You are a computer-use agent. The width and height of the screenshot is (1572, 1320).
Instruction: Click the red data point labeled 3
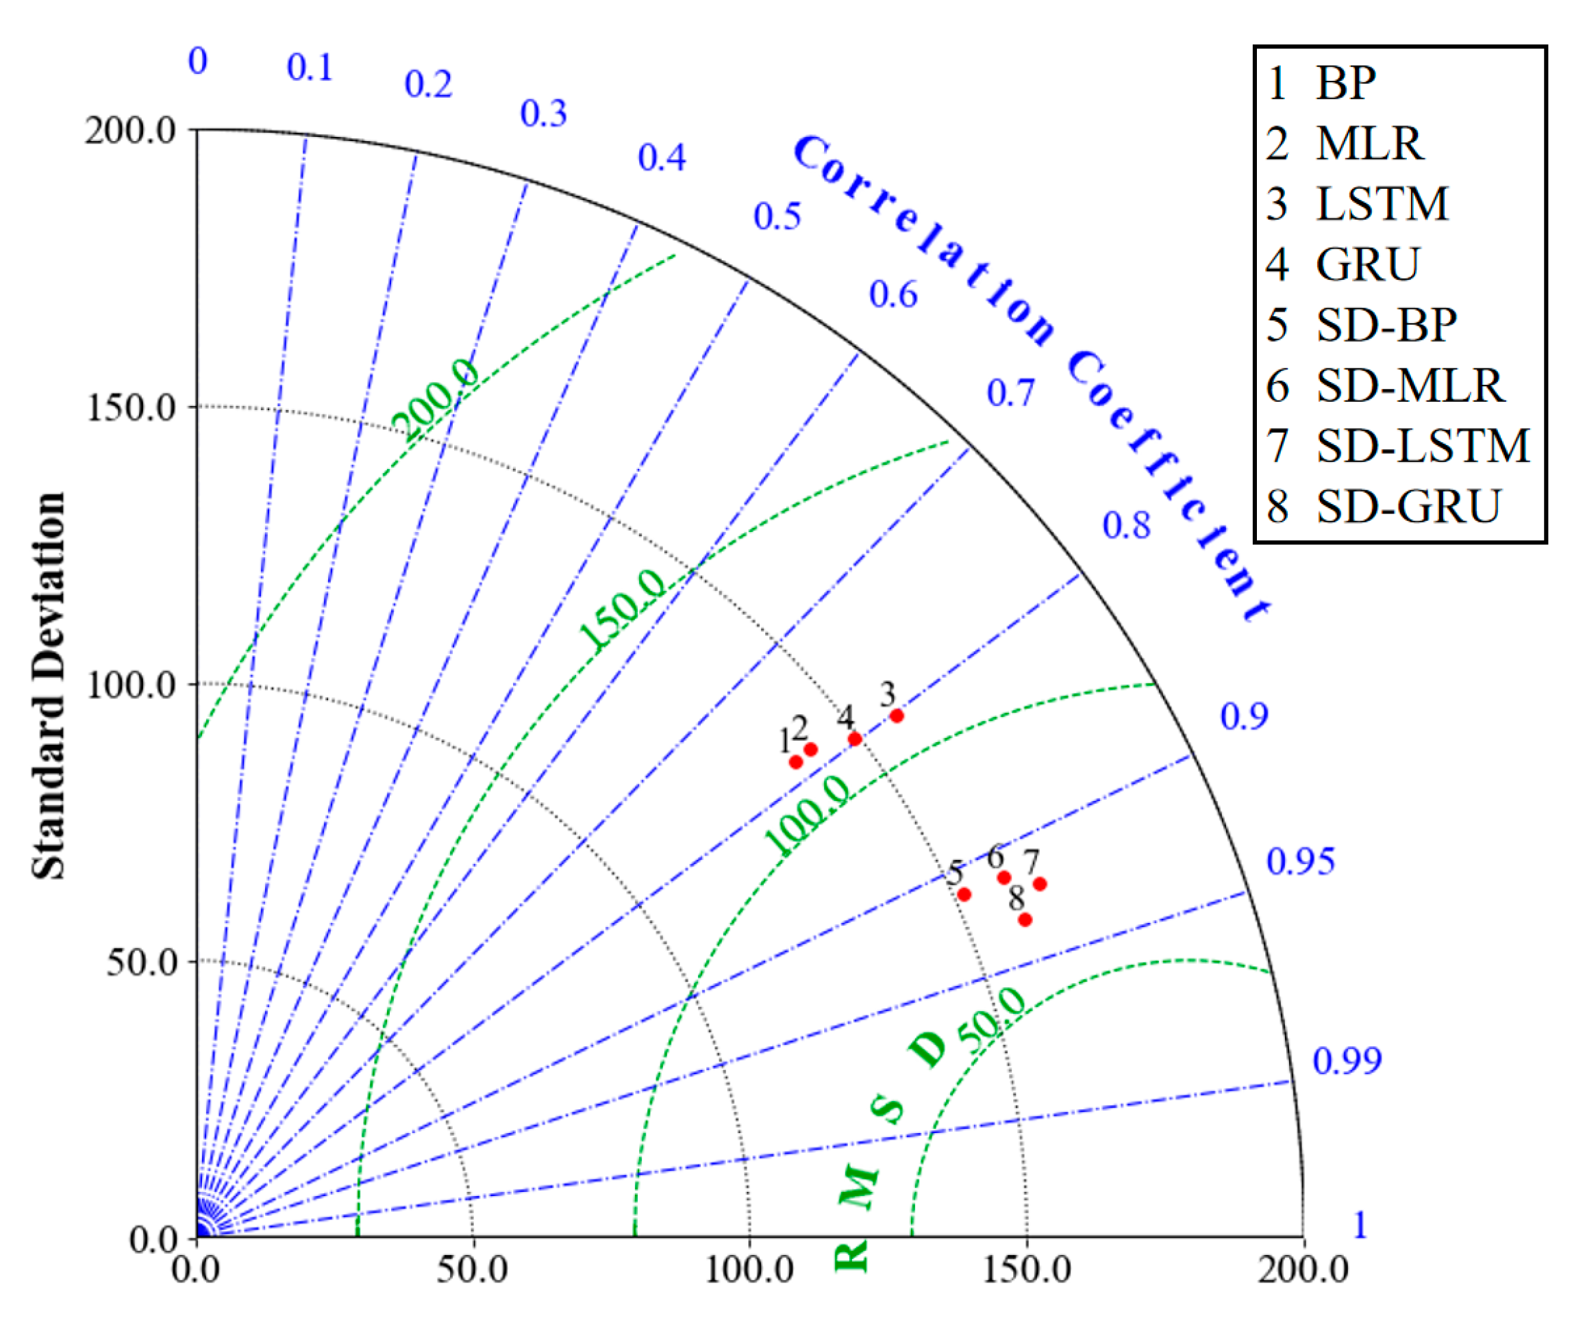coord(897,716)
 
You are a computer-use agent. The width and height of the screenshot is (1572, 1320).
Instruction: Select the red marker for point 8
coord(1025,919)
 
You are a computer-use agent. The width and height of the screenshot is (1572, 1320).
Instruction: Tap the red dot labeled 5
coord(964,894)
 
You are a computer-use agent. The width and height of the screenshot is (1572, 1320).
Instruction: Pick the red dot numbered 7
coord(1040,884)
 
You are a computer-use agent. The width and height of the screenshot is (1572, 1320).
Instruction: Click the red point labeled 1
coord(796,762)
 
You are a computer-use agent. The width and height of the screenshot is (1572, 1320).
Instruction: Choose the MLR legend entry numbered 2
coord(1345,143)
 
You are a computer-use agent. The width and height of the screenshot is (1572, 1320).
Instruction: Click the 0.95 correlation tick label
coord(1299,861)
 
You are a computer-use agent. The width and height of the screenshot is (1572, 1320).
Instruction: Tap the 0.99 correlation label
coord(1347,1060)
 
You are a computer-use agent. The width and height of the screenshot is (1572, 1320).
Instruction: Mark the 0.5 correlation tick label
coord(776,216)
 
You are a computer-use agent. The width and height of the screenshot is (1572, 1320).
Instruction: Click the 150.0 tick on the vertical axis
coord(130,408)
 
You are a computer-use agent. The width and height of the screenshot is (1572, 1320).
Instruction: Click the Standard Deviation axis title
coord(49,685)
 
